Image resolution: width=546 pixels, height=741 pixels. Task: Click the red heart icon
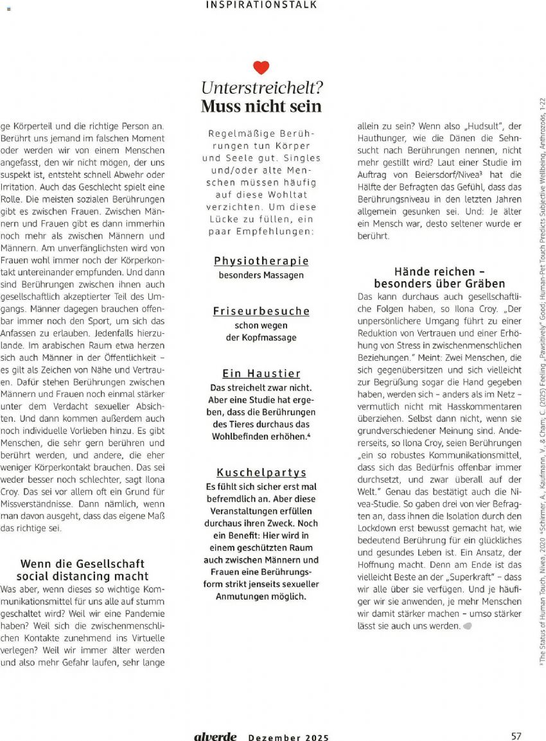261,67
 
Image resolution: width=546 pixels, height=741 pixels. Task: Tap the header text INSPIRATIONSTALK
261,5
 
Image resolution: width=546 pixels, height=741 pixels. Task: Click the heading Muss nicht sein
261,106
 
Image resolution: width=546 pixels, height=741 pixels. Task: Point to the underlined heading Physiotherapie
261,261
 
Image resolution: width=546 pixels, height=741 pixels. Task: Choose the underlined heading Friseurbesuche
261,311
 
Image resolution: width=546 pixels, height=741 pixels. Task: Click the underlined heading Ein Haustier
261,373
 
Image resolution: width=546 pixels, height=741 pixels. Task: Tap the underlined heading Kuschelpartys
261,473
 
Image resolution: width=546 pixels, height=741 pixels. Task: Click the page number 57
516,736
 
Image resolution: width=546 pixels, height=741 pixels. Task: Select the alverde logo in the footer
215,737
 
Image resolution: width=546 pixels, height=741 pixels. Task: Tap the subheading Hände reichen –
434,272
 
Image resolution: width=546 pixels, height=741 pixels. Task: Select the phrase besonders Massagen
261,275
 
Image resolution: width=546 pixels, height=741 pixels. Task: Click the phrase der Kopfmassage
261,338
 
